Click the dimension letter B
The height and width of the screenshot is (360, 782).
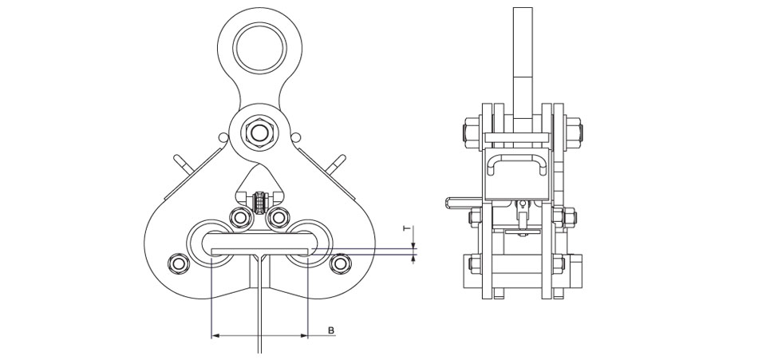point(331,330)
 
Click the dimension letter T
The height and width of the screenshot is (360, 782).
point(408,229)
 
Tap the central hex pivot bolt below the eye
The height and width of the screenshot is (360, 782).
point(259,133)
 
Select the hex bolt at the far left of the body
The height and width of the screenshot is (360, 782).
point(179,263)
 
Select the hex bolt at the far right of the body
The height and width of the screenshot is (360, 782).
point(340,263)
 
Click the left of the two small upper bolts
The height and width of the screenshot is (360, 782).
point(240,217)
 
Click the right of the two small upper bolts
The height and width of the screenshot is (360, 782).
point(278,217)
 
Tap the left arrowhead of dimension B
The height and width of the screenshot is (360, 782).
point(215,336)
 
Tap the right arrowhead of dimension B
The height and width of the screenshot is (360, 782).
point(304,336)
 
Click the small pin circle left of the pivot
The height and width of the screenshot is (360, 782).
point(223,136)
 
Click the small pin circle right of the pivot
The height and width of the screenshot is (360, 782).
point(295,136)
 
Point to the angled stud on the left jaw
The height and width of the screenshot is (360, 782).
point(182,164)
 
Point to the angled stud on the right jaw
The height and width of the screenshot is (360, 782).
point(336,164)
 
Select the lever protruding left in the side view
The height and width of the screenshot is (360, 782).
point(464,203)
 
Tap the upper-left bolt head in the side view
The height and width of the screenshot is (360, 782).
point(472,133)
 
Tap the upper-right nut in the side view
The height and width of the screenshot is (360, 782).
point(574,133)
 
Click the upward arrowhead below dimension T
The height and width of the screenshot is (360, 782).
point(413,258)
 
